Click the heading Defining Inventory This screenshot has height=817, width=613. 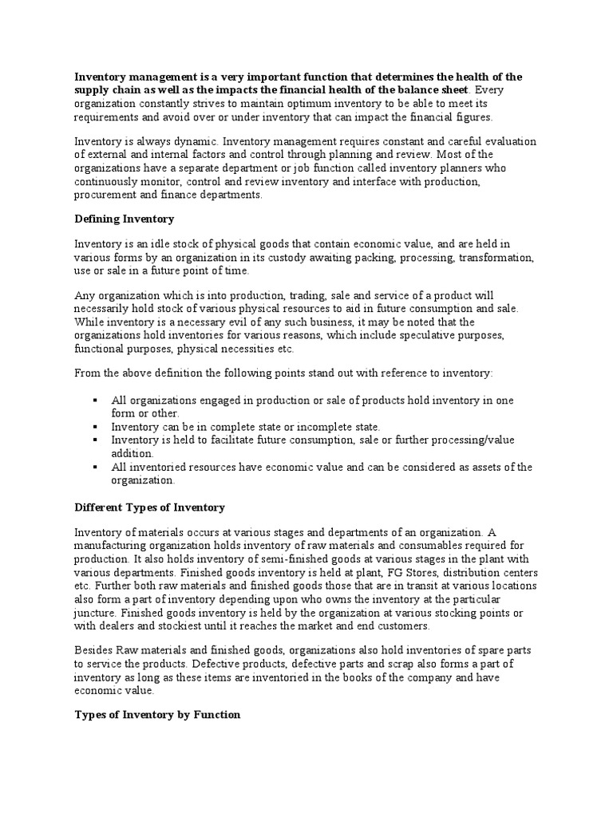tap(124, 219)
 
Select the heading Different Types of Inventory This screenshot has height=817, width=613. tap(149, 507)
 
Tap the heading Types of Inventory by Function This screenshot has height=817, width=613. tap(157, 715)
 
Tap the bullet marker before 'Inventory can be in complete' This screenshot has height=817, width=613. tap(96, 427)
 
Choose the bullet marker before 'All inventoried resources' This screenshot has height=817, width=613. tap(96, 467)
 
